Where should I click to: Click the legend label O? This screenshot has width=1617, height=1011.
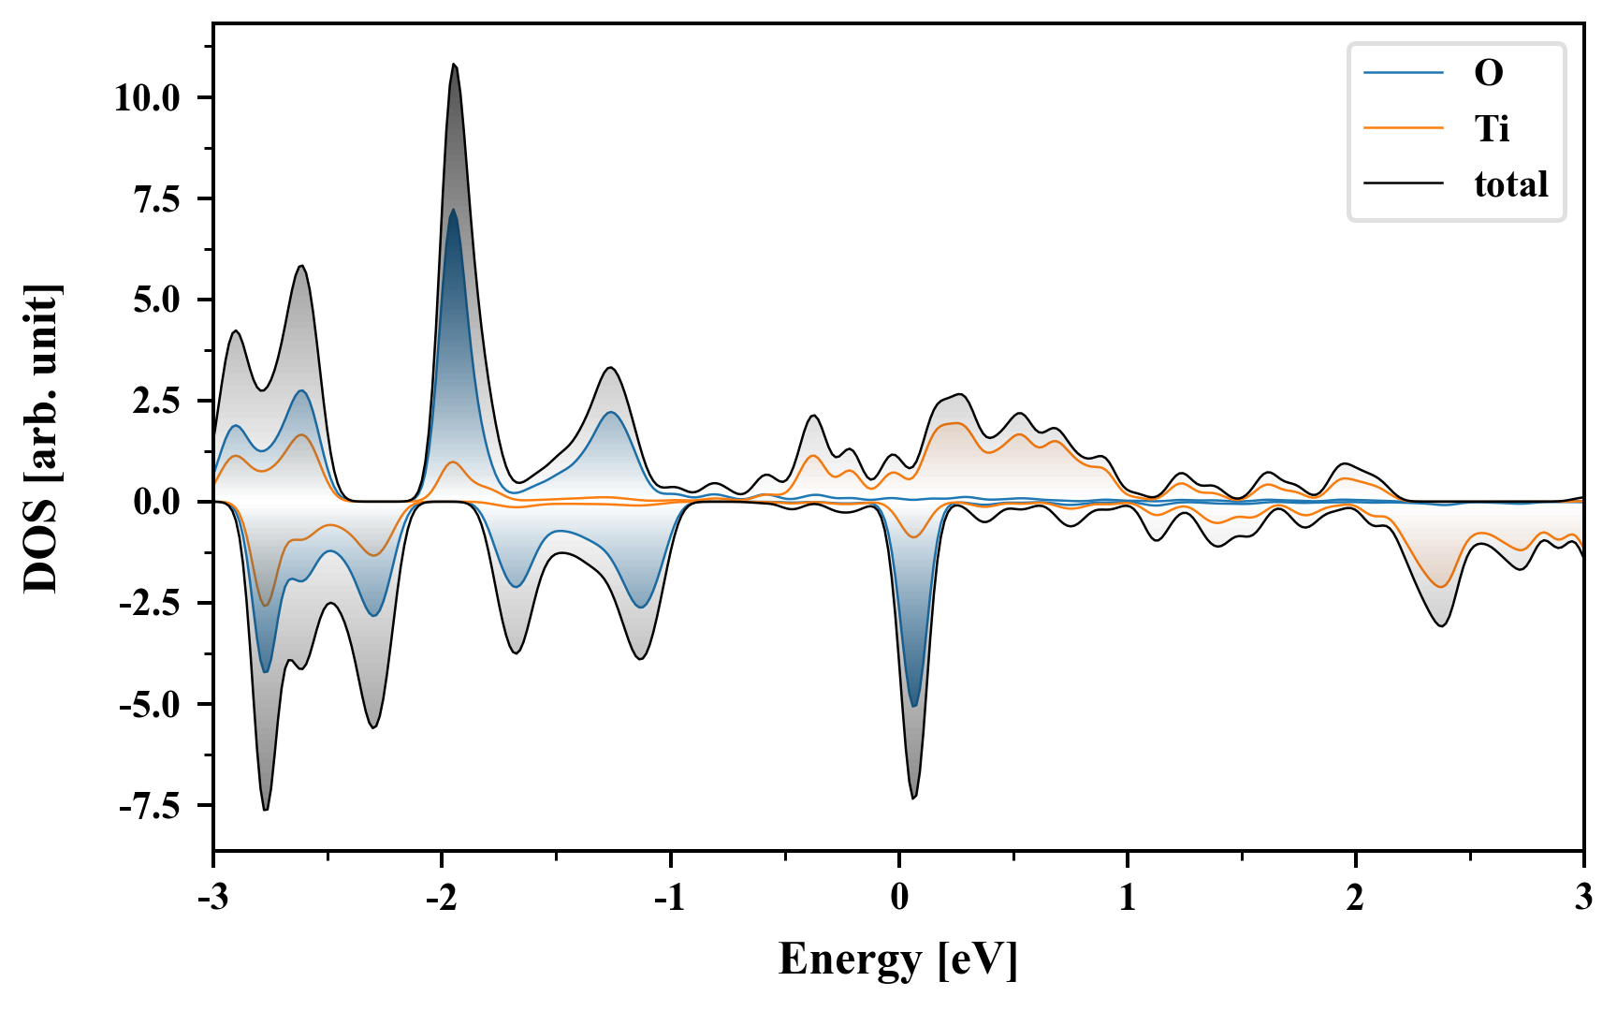click(1489, 73)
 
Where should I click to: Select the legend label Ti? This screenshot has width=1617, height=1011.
click(1492, 128)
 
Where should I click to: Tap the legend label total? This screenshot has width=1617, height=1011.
click(1510, 184)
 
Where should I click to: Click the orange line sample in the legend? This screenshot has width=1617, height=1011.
click(1403, 128)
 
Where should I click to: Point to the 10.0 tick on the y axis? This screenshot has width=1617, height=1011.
click(147, 97)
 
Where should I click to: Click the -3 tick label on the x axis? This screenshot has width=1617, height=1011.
click(213, 898)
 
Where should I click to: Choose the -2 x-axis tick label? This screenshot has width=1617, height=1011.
click(441, 898)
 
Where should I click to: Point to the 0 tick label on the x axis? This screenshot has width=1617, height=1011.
click(899, 898)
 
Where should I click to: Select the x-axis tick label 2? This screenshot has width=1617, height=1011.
click(1355, 898)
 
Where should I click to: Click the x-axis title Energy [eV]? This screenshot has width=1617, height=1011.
click(898, 960)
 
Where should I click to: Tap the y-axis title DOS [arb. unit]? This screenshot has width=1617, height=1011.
click(42, 438)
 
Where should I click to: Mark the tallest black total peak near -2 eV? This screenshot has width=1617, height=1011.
click(454, 65)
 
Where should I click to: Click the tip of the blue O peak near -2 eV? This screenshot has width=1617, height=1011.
click(453, 211)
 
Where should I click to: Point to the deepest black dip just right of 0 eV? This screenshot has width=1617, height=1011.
click(913, 798)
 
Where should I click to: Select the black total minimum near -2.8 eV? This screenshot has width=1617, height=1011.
click(266, 810)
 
